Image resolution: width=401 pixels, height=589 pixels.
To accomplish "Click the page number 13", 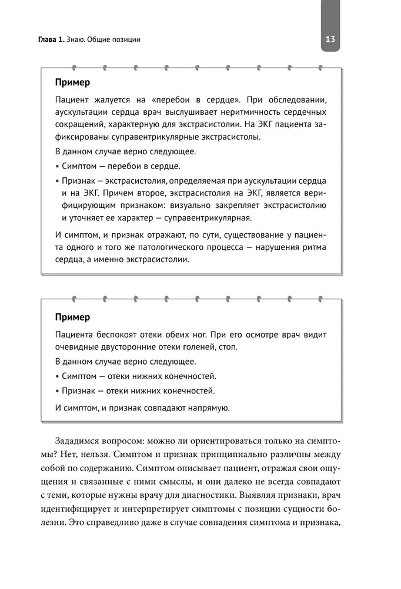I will [x=329, y=39].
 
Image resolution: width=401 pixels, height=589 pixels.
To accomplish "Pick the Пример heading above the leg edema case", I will [x=72, y=317].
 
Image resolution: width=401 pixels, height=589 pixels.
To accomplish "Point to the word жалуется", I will [x=114, y=99].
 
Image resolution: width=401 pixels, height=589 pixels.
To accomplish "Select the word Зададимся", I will [x=77, y=441].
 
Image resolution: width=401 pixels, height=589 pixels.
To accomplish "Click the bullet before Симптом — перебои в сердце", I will [x=57, y=167].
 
